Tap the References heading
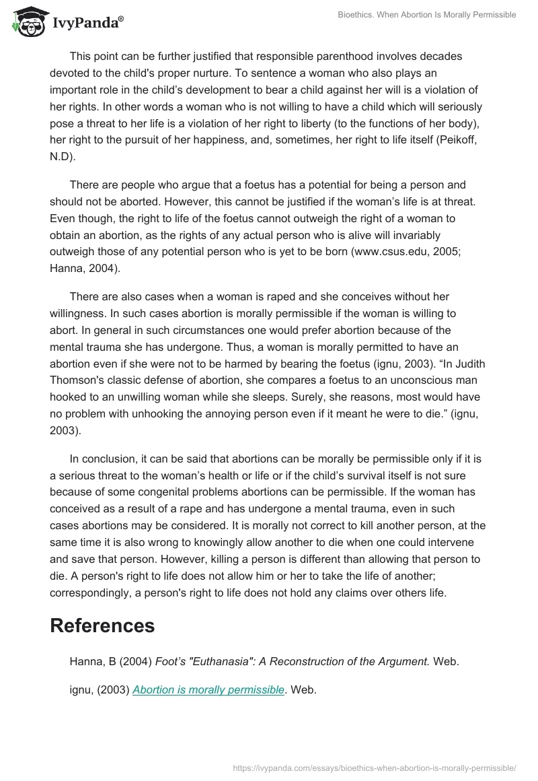[102, 625]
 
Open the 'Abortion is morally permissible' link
[208, 689]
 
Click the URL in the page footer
[373, 767]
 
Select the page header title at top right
[426, 15]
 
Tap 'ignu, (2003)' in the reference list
[99, 689]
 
